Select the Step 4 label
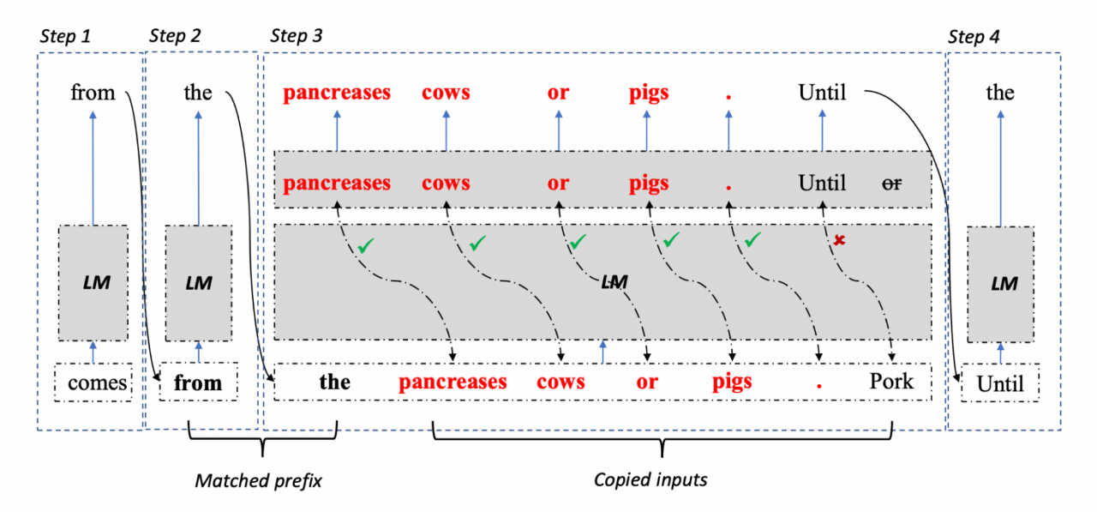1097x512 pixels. (973, 37)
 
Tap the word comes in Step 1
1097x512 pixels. (97, 383)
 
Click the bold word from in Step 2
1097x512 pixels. (198, 383)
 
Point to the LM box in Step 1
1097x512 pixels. (94, 282)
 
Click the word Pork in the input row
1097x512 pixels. (891, 381)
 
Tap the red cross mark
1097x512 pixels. (840, 241)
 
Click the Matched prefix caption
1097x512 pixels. (258, 480)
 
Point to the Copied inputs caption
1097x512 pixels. (650, 480)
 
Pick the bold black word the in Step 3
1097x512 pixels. (335, 382)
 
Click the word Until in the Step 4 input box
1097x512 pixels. (1000, 384)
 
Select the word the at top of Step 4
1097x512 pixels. (1000, 92)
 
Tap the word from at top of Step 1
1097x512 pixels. (93, 92)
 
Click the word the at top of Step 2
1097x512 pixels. (198, 92)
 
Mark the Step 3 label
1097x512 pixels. (297, 36)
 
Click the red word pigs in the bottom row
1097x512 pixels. (733, 382)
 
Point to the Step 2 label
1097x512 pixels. (175, 36)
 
